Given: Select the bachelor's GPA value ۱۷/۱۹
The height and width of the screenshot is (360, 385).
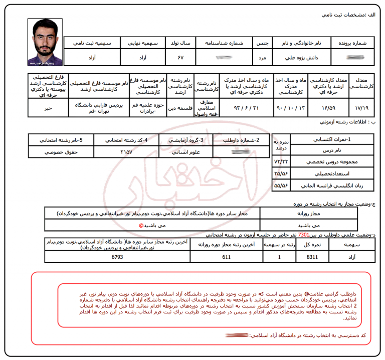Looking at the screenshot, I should click(x=361, y=107).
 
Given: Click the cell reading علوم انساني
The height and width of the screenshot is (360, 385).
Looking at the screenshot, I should click(x=186, y=151).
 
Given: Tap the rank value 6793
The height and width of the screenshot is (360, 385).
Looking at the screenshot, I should click(x=117, y=257).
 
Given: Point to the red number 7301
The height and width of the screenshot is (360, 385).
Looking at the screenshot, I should click(x=303, y=234).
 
